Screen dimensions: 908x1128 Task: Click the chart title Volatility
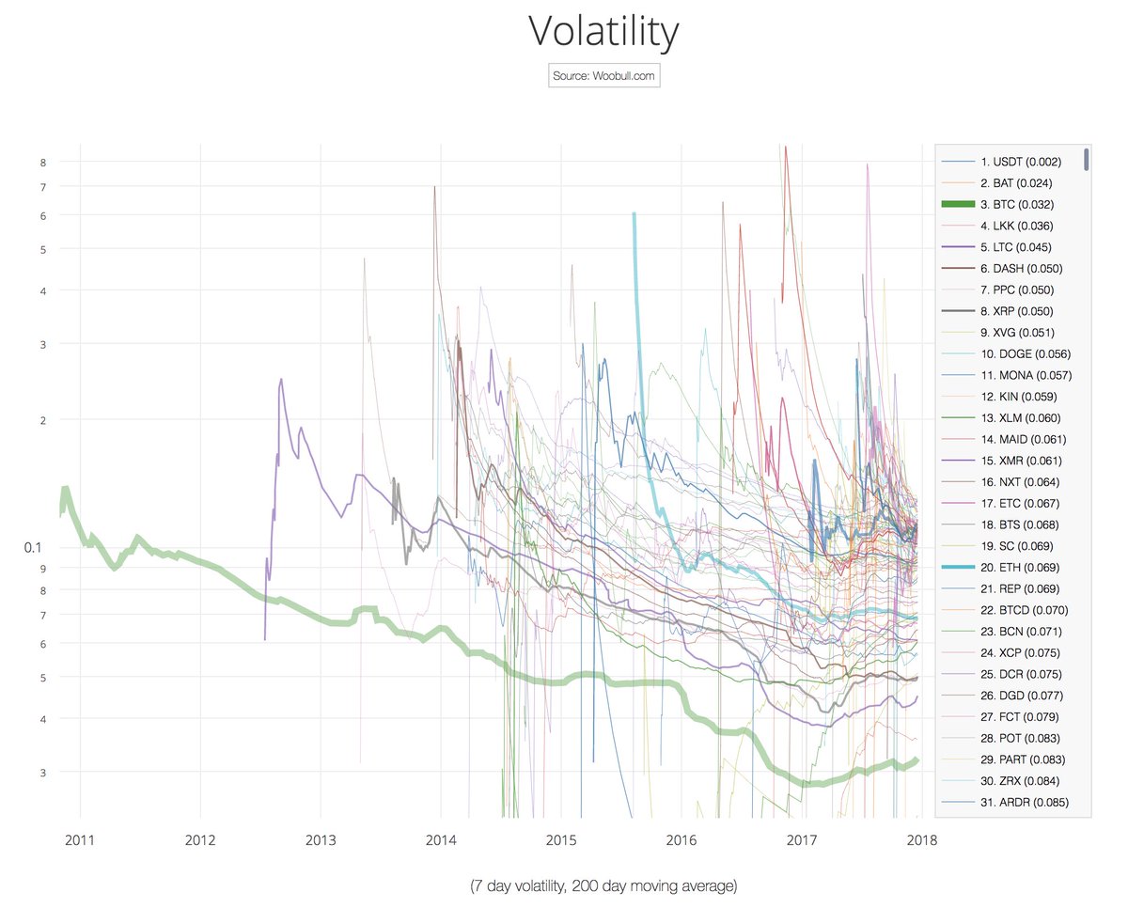(603, 32)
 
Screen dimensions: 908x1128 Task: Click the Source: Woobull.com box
(603, 75)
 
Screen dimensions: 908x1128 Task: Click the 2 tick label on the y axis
(42, 419)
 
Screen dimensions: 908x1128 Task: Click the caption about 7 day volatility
(603, 885)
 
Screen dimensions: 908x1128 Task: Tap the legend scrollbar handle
(1087, 159)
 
